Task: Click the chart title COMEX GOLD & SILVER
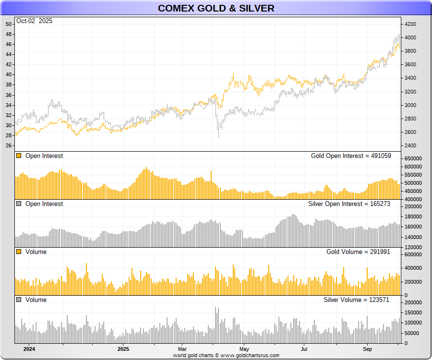pyautogui.click(x=216, y=8)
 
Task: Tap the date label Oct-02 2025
pyautogui.click(x=34, y=21)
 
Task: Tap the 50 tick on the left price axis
pyautogui.click(x=9, y=24)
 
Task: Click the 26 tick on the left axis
pyautogui.click(x=9, y=145)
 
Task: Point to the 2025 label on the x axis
pyautogui.click(x=123, y=349)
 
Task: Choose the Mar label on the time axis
pyautogui.click(x=182, y=349)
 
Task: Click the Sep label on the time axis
pyautogui.click(x=367, y=349)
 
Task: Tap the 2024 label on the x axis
pyautogui.click(x=29, y=349)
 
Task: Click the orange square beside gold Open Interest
pyautogui.click(x=19, y=156)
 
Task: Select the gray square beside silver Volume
pyautogui.click(x=19, y=300)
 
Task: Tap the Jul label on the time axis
pyautogui.click(x=304, y=349)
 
